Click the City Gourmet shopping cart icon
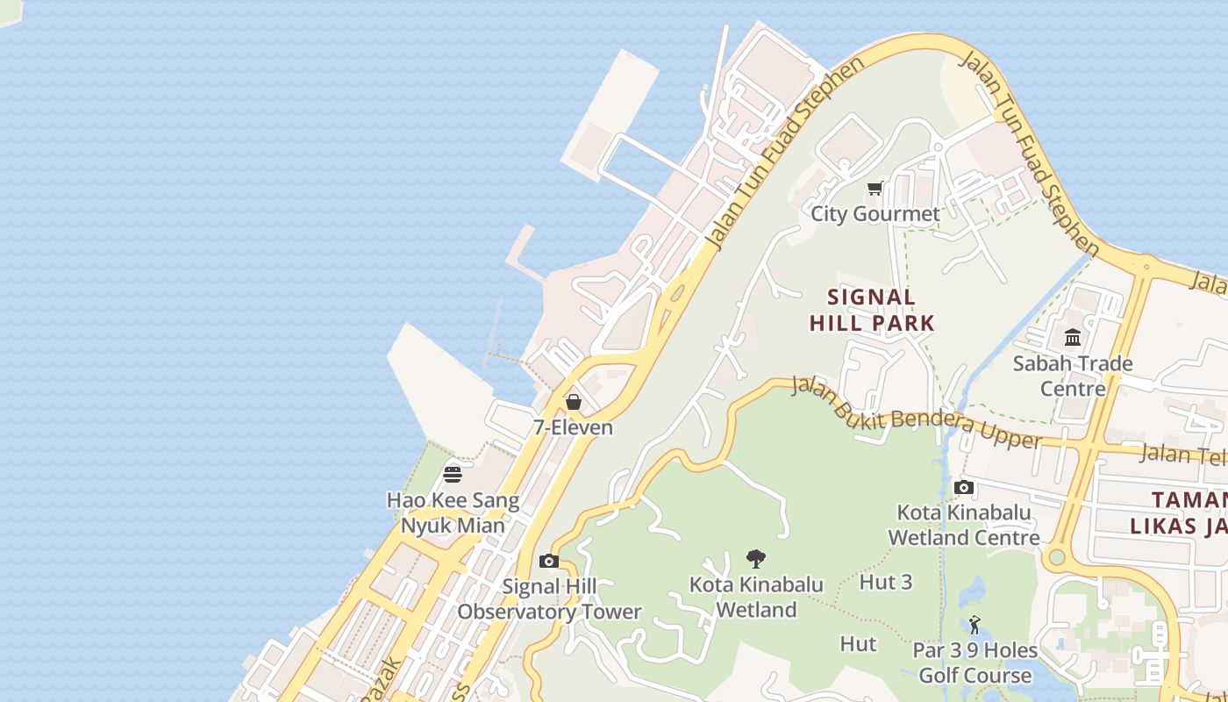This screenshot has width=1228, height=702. [875, 188]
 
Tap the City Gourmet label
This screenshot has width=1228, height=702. [875, 213]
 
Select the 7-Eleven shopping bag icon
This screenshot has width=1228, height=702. [573, 402]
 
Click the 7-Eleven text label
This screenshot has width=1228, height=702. [573, 427]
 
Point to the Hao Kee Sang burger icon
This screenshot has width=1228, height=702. [453, 475]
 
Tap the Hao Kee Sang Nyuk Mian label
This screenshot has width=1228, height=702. [453, 513]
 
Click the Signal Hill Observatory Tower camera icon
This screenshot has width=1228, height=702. [549, 561]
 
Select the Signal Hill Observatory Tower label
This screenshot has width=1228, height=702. [549, 599]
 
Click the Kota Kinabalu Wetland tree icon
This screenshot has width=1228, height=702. [755, 558]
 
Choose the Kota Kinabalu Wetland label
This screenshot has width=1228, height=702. [756, 597]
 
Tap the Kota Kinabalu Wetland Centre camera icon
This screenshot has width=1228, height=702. [964, 487]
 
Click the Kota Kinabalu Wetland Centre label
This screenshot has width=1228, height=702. [964, 525]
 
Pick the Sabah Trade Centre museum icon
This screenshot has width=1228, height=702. [1072, 338]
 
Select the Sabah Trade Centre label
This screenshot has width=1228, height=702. [1072, 376]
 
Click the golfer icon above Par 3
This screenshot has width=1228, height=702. [975, 625]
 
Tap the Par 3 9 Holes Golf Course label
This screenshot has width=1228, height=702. [975, 663]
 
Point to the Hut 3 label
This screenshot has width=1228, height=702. [886, 582]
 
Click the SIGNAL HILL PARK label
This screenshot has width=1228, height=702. [872, 310]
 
